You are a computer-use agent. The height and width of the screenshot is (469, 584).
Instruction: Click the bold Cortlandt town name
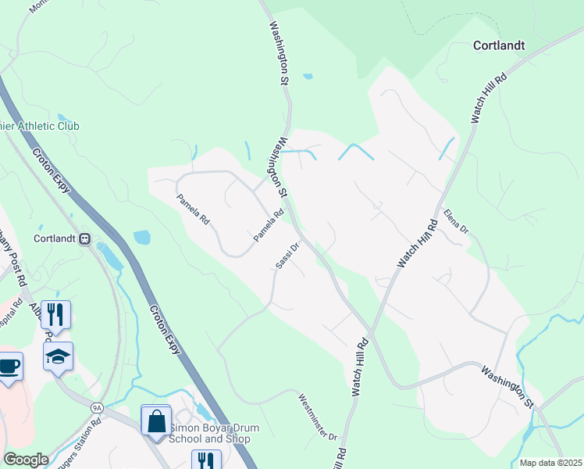click(498, 45)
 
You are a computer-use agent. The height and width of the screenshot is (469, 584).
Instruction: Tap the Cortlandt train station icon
click(85, 238)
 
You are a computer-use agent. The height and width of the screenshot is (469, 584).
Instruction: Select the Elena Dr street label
click(455, 220)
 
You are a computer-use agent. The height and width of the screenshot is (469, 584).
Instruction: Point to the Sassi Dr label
click(287, 257)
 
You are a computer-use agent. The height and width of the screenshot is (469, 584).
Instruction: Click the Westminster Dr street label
click(318, 416)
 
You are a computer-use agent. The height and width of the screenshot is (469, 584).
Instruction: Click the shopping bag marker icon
click(156, 420)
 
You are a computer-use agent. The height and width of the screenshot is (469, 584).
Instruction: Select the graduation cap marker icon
click(58, 357)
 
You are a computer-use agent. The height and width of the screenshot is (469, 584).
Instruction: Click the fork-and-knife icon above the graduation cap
click(55, 315)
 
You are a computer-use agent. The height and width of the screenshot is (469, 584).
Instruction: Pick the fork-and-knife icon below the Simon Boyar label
click(206, 460)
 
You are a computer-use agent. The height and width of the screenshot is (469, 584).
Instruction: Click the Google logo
click(26, 460)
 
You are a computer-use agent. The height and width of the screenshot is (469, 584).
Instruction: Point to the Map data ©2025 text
click(550, 463)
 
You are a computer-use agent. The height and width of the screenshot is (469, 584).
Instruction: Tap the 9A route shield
click(97, 407)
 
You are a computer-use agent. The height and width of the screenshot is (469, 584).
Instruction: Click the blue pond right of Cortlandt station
click(141, 237)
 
